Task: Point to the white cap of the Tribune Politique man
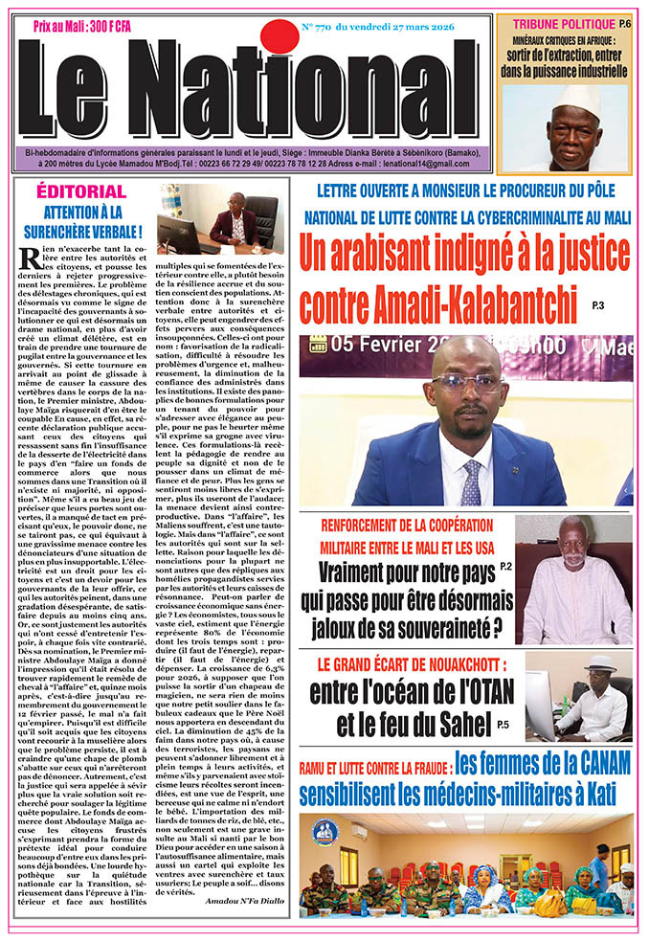pyautogui.click(x=577, y=97)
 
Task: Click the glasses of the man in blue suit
pyautogui.click(x=466, y=382)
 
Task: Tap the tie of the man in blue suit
pyautogui.click(x=470, y=483)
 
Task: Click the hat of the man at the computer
pyautogui.click(x=600, y=662)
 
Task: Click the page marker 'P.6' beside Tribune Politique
pyautogui.click(x=624, y=22)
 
